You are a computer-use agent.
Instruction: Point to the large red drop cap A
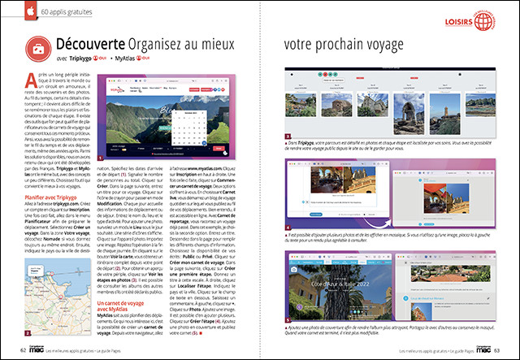pos(31,78)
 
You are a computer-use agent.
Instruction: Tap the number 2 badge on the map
pos(28,333)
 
